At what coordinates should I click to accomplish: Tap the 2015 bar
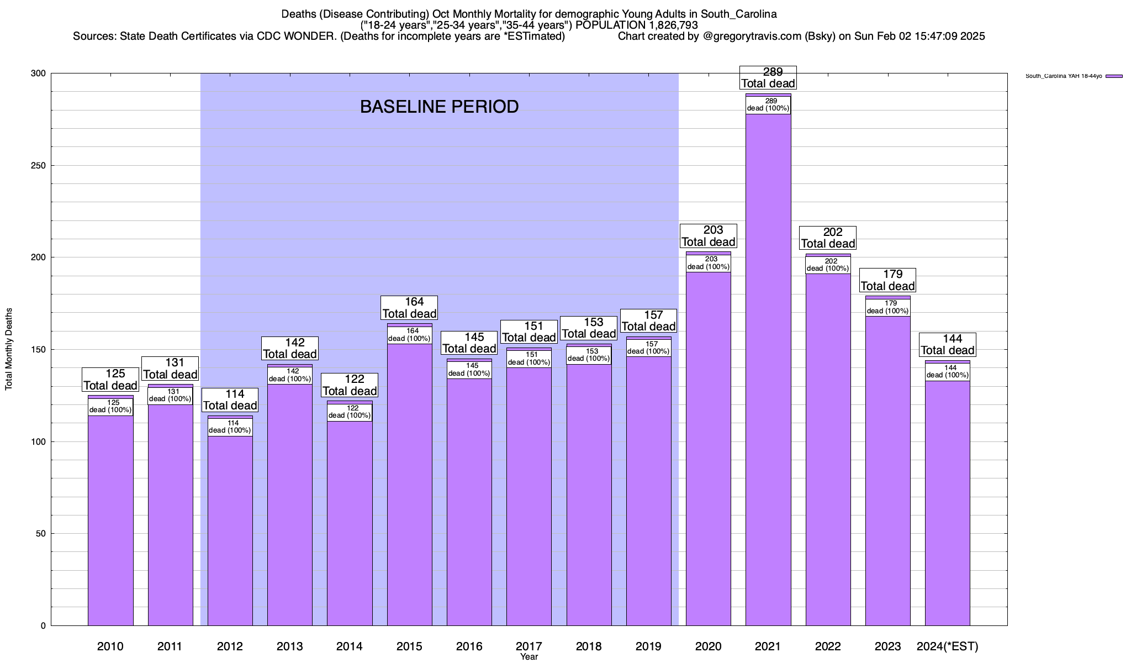[409, 486]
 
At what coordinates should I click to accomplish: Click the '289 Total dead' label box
[768, 78]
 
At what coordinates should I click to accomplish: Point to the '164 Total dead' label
[409, 308]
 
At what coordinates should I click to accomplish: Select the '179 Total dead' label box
[887, 280]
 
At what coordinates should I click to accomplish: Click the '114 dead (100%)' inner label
[230, 427]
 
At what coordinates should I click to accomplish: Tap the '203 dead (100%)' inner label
[709, 263]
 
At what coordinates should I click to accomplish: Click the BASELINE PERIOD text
[439, 107]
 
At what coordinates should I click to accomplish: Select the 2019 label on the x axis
[649, 646]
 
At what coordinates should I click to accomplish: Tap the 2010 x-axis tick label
[110, 646]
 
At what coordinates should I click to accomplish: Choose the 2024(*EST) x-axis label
[947, 646]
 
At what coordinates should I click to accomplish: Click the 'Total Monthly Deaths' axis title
[9, 349]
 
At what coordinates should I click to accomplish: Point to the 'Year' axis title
[529, 657]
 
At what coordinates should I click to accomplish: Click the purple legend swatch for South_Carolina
[1114, 76]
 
